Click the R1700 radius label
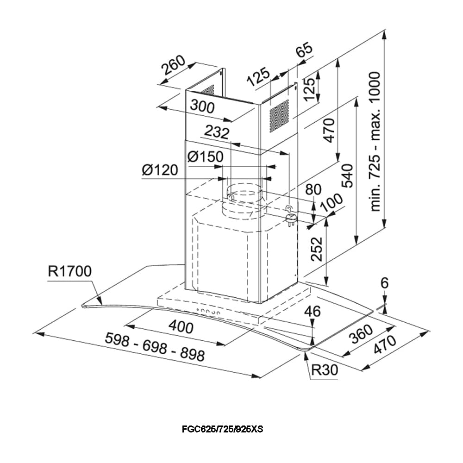pos(70,272)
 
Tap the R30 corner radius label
pos(325,370)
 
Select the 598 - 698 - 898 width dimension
pos(155,347)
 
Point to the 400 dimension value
pos(181,327)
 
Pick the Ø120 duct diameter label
pos(160,170)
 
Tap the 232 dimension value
pos(217,133)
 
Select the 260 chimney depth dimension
pos(173,67)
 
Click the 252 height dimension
pos(316,249)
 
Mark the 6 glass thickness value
pos(384,283)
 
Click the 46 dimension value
pos(313,311)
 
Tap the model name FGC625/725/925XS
pos(222,429)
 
